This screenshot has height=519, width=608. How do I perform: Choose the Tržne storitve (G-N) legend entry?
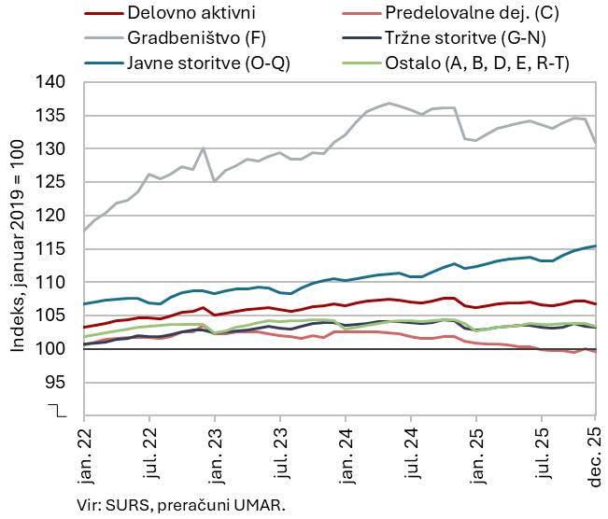tap(465, 37)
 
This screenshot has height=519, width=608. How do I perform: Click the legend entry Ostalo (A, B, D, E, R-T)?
tap(476, 62)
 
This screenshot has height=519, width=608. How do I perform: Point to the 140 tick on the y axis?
tap(53, 82)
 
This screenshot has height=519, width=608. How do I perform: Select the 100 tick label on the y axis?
tap(53, 349)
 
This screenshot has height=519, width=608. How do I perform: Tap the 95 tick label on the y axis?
tap(58, 383)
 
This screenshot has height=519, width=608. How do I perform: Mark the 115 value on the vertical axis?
tap(53, 249)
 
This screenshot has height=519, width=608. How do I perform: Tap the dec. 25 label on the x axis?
tap(595, 455)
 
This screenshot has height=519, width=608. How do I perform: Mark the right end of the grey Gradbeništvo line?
tap(596, 143)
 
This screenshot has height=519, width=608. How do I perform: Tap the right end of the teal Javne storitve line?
tap(596, 245)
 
